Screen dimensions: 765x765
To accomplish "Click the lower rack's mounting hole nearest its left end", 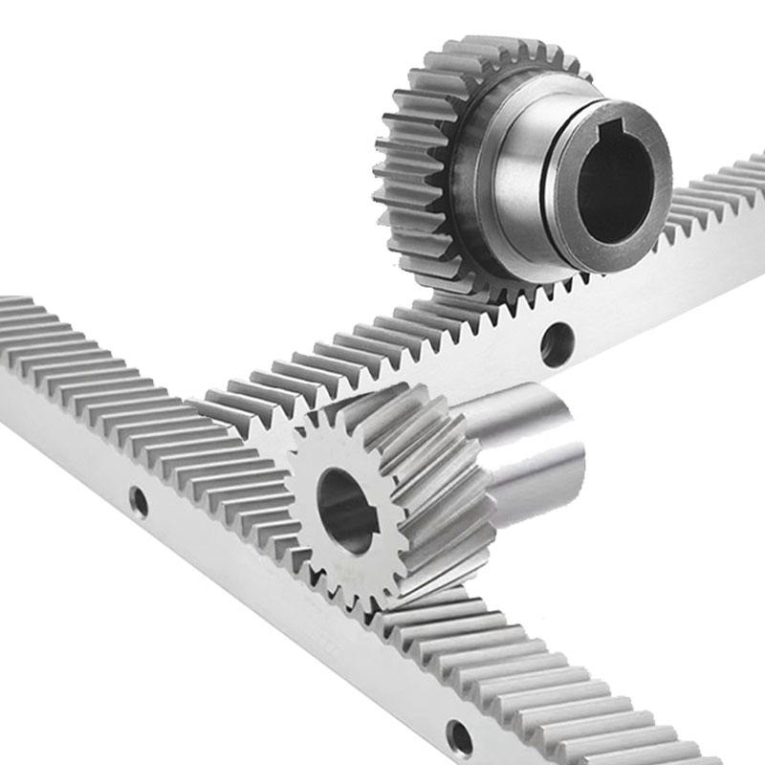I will tap(140, 500).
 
